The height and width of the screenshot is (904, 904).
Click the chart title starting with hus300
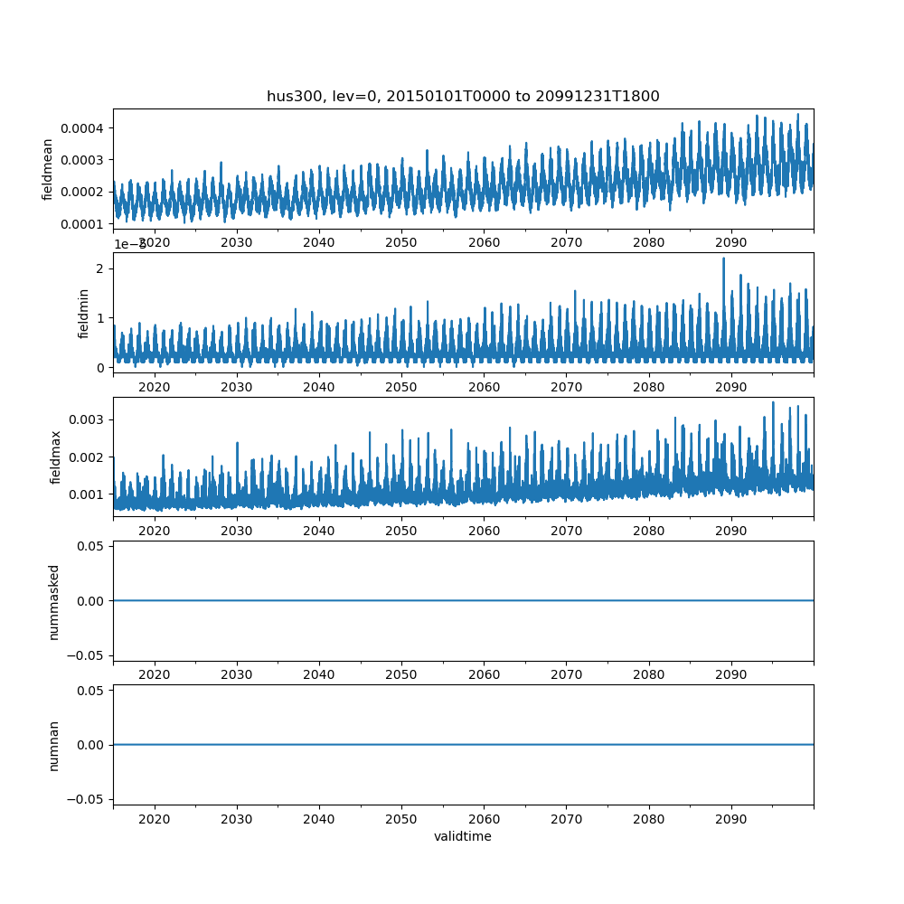[463, 96]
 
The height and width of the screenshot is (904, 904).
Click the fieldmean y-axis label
[47, 169]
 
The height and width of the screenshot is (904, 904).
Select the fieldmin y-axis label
[83, 313]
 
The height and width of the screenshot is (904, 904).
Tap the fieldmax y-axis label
[56, 457]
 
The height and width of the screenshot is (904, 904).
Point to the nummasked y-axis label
[53, 601]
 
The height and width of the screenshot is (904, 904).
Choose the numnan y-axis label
[53, 745]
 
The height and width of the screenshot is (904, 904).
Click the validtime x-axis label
[463, 836]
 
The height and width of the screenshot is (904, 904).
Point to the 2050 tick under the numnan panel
[401, 818]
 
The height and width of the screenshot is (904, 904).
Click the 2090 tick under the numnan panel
[730, 818]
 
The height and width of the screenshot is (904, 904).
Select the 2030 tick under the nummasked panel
[237, 674]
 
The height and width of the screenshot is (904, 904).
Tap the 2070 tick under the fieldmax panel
[566, 531]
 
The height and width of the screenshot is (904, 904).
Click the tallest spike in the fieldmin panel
[723, 259]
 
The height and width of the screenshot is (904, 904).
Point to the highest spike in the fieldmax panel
[773, 402]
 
